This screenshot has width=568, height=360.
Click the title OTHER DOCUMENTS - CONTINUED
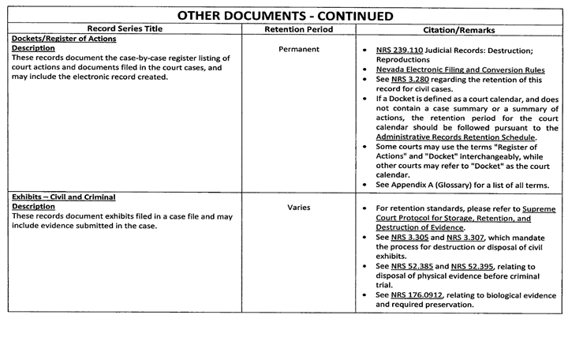[284, 15]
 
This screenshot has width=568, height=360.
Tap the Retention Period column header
[299, 30]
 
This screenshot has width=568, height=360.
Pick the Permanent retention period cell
[299, 49]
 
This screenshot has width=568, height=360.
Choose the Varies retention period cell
[299, 208]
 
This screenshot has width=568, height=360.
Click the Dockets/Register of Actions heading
[65, 39]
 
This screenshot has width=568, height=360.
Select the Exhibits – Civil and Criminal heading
[64, 197]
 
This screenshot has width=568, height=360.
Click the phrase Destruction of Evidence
[420, 227]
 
